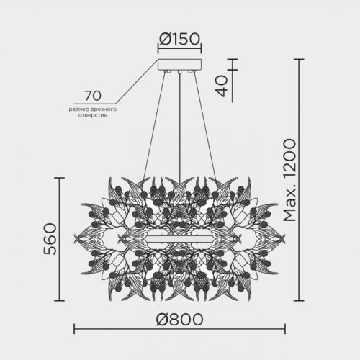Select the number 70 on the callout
click(x=92, y=95)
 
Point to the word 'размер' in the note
click(x=79, y=108)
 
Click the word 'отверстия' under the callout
click(x=91, y=115)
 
